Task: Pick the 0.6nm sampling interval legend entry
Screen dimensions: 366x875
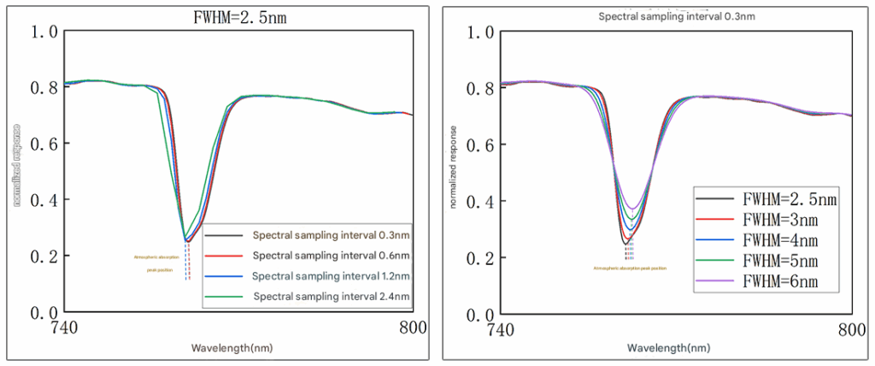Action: [332, 255]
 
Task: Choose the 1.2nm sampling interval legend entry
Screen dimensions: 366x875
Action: [332, 275]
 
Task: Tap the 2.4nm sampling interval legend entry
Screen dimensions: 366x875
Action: [332, 296]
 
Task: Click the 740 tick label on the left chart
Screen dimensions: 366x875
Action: [66, 327]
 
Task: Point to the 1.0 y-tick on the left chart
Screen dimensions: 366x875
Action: [44, 32]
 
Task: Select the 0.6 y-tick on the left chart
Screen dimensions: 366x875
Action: [44, 144]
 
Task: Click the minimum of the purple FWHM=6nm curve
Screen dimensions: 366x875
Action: [632, 209]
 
